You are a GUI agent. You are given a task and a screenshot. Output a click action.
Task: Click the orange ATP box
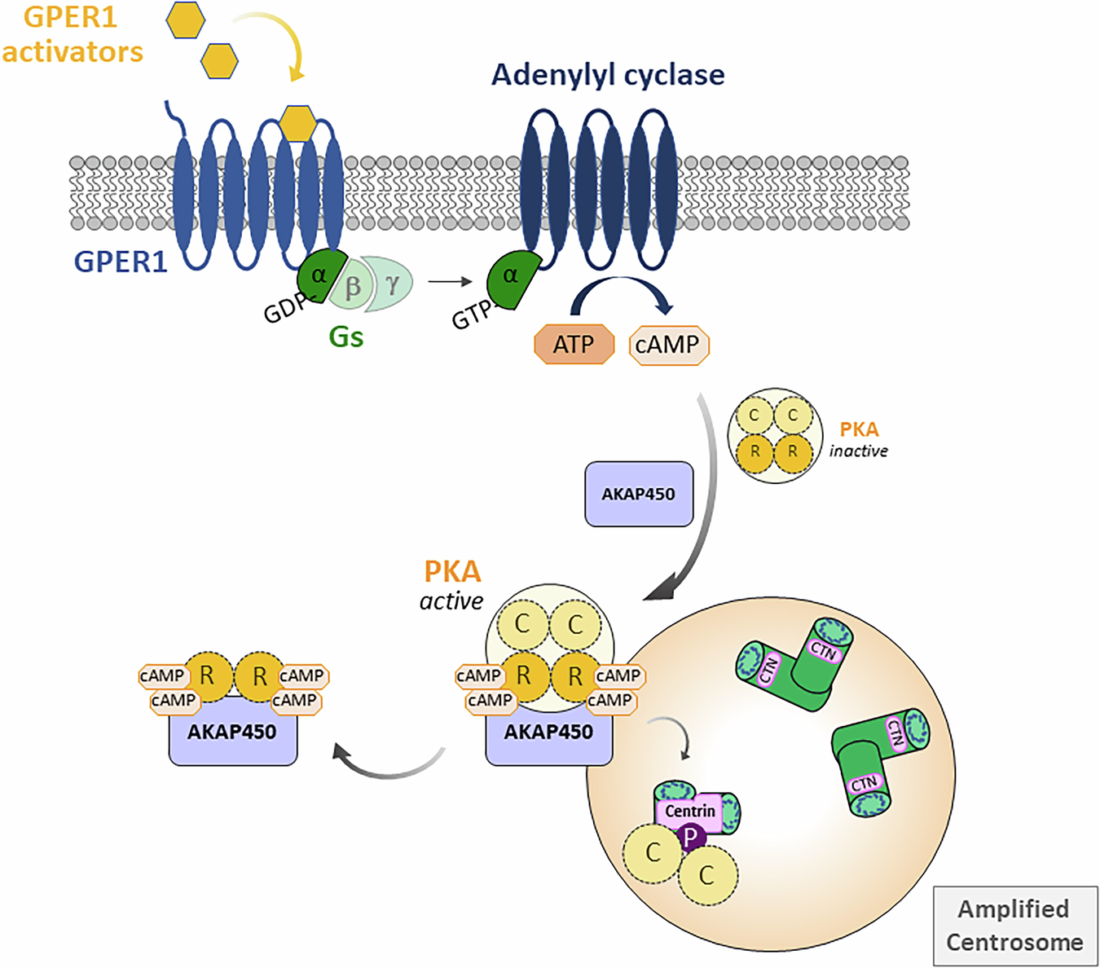tap(574, 345)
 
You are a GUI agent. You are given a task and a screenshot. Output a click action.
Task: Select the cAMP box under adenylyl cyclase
tap(668, 345)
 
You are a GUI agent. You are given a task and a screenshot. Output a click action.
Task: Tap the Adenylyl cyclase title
tap(608, 75)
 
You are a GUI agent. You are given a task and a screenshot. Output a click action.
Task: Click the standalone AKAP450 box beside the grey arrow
tap(639, 494)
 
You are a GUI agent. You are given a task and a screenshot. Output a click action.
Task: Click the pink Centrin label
tap(689, 812)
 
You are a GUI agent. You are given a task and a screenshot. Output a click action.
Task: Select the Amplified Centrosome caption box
tap(1014, 926)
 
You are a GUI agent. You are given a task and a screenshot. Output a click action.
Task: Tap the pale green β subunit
tap(353, 286)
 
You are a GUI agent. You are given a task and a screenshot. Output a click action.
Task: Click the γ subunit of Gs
tap(392, 284)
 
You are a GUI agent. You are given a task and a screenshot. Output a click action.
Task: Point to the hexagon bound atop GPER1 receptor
tap(297, 123)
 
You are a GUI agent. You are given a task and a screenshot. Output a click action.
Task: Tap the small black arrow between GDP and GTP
tap(451, 282)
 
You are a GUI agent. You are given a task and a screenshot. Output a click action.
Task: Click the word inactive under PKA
tap(858, 451)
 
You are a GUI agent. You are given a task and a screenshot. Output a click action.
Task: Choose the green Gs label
tap(345, 337)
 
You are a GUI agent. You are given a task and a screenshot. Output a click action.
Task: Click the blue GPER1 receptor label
tap(121, 262)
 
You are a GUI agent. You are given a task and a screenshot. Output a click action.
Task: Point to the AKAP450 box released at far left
tap(233, 732)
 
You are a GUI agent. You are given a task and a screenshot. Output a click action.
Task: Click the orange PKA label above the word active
tap(452, 571)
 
